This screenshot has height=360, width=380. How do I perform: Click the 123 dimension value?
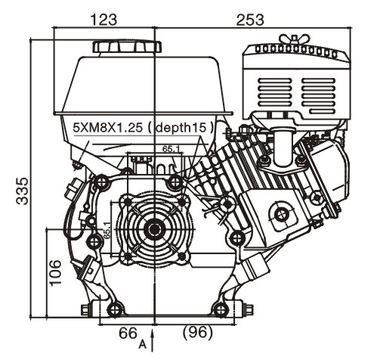click(x=103, y=20)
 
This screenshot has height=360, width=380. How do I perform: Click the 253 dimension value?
click(x=250, y=20)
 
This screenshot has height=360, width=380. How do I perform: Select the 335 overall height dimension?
click(x=22, y=191)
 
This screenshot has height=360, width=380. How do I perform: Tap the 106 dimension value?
click(x=55, y=272)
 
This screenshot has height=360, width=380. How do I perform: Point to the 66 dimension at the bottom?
click(x=128, y=333)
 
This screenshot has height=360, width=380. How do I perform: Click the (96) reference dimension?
click(x=198, y=333)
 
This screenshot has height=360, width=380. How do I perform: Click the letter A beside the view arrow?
click(x=143, y=344)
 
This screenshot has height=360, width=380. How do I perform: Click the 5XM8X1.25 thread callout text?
click(x=107, y=128)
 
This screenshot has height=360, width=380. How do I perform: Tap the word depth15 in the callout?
click(x=181, y=128)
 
